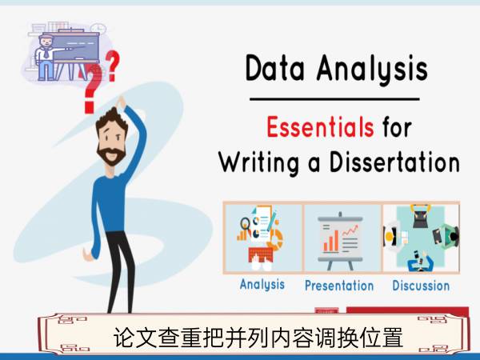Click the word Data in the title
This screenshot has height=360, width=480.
click(275, 68)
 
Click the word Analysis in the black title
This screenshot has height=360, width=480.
click(372, 70)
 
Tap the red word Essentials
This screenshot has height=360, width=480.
click(320, 127)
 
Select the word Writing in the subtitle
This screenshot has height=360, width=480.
click(258, 162)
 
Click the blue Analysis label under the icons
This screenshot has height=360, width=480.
click(262, 284)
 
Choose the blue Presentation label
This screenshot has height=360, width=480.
click(339, 286)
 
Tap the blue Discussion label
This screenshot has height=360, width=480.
click(421, 286)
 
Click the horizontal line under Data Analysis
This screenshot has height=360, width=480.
click(334, 99)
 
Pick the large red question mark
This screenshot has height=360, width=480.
click(92, 89)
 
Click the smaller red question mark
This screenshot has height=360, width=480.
click(112, 66)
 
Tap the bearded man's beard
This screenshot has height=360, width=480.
click(111, 155)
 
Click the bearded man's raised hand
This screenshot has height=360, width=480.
click(121, 102)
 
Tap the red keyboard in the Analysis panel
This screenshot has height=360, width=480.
click(261, 254)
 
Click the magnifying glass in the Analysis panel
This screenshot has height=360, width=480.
click(246, 224)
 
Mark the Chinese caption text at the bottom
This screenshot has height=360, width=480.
click(258, 338)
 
